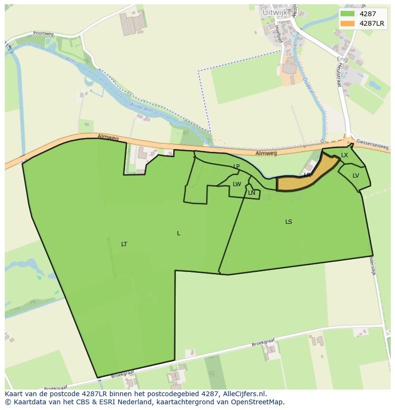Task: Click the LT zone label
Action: click(x=124, y=244)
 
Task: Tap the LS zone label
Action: click(x=289, y=222)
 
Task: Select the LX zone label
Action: click(x=344, y=155)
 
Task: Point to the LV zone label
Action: click(x=356, y=176)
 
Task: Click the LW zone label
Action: click(x=237, y=184)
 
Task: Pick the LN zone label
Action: click(x=251, y=193)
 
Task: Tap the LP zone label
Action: click(x=236, y=166)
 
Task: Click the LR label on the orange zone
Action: click(x=308, y=175)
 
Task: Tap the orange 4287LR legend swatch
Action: click(x=347, y=23)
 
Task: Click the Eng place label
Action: click(x=342, y=59)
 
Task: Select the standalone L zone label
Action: click(x=178, y=233)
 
